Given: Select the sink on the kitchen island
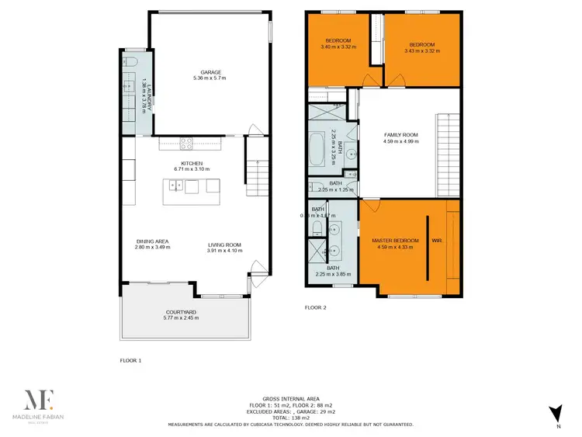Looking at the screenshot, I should click(x=177, y=185).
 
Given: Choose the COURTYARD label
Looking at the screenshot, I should click(x=180, y=311).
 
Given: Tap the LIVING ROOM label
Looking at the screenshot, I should click(x=225, y=241).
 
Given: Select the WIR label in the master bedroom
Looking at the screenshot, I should click(x=436, y=241).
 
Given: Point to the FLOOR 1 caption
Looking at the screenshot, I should click(x=130, y=361).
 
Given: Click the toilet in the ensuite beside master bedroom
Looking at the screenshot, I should click(x=317, y=228).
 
